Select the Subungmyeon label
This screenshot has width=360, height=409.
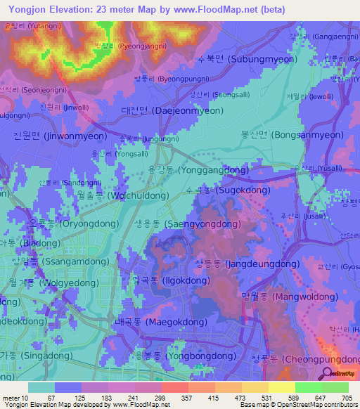tap(244, 60)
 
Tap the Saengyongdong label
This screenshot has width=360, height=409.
tap(181, 223)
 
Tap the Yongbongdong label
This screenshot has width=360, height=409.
tap(185, 356)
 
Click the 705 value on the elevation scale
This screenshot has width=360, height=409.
tap(348, 398)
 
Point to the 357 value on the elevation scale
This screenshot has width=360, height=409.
tap(188, 398)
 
